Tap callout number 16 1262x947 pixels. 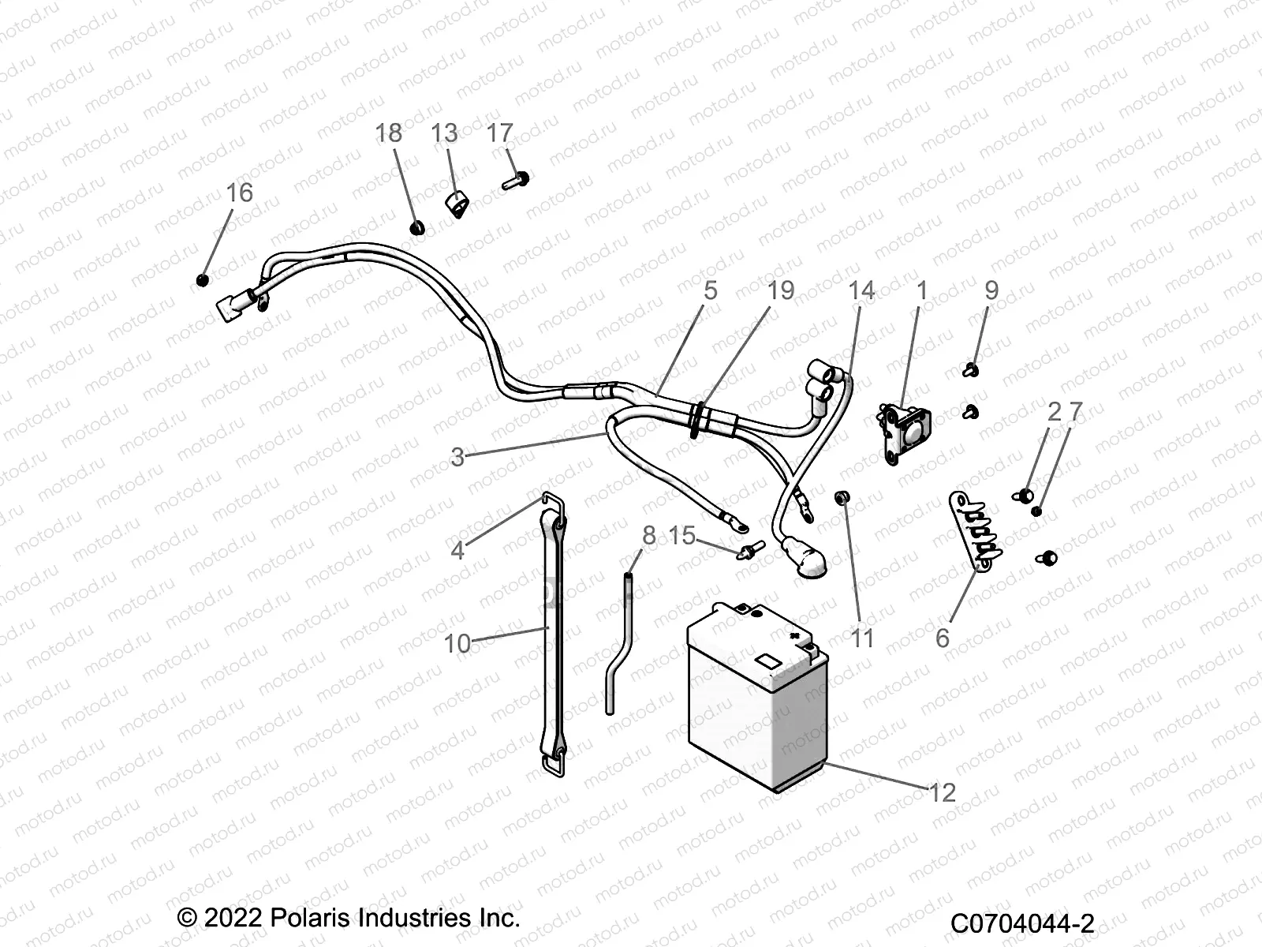[x=240, y=193]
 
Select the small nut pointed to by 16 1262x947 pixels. [x=203, y=280]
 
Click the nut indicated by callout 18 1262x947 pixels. [x=417, y=229]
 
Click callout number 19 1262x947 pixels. [x=781, y=290]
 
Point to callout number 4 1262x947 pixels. [x=457, y=550]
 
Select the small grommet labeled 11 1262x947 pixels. [x=842, y=497]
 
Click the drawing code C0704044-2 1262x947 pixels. [x=1022, y=922]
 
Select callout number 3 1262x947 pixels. [x=457, y=456]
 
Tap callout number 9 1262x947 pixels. [x=991, y=290]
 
